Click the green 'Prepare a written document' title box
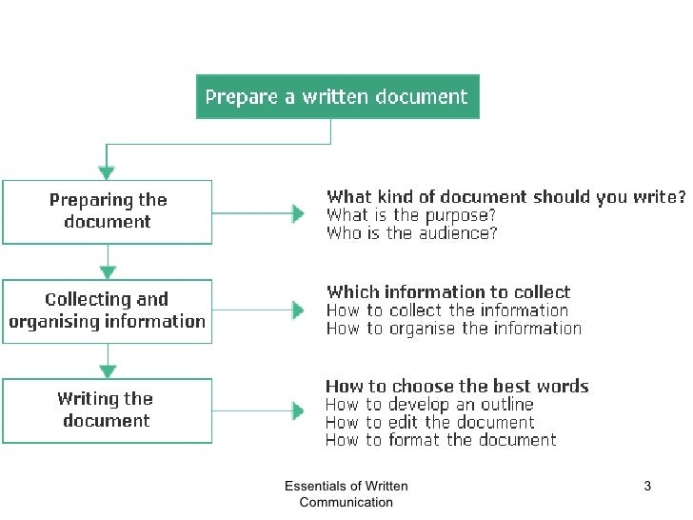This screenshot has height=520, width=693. pos(337,96)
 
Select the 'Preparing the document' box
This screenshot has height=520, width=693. pos(108,211)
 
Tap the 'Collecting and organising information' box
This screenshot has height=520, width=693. pos(108,311)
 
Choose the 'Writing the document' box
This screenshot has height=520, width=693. pos(108,410)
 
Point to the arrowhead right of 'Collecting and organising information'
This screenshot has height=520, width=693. pos(298,310)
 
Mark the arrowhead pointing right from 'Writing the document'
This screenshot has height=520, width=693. pos(298,410)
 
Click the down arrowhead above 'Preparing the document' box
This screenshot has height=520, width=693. pos(107,172)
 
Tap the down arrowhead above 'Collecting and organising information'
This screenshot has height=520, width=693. pos(107,271)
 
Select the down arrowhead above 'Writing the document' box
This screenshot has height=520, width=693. pos(107,370)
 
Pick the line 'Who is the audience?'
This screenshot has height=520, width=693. pos(411,233)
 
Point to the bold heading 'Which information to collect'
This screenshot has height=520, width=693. pos(448,292)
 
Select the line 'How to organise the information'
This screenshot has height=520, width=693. pos(453,329)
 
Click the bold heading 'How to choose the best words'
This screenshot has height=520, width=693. pos(457,387)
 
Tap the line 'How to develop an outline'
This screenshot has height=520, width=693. pos(429,405)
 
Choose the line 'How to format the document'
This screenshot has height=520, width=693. pos(441,440)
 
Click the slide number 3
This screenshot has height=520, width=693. pos(647,488)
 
